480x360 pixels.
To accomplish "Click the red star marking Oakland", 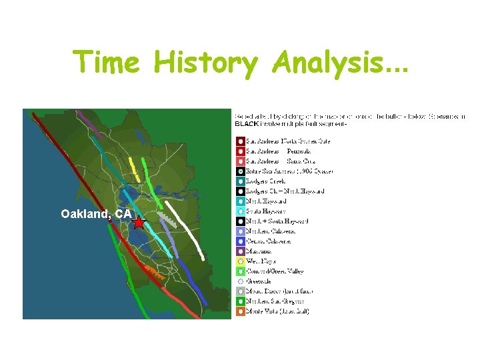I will (138, 223).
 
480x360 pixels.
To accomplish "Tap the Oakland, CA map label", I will (96, 214).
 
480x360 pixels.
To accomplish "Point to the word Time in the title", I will (107, 63).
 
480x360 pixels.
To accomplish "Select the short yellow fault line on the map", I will (134, 168).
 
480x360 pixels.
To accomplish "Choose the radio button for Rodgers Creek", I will (239, 181).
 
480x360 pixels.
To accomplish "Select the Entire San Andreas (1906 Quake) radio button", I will (239, 171).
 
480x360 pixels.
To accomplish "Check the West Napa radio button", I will (239, 261).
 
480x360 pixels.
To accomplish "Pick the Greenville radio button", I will (239, 281).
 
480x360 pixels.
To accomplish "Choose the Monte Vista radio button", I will (239, 311).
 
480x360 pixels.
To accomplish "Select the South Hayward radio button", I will (239, 211).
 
